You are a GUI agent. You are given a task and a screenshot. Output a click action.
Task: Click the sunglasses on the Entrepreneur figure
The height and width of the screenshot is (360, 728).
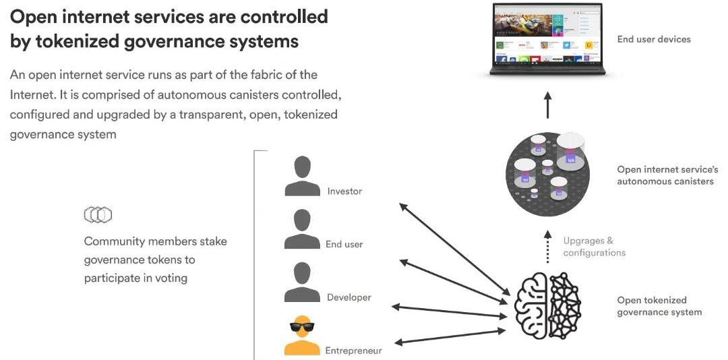click(302, 328)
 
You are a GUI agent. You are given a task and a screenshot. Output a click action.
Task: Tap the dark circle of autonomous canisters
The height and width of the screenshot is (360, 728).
click(547, 175)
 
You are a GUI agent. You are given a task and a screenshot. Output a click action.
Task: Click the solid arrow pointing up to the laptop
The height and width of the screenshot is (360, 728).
click(547, 105)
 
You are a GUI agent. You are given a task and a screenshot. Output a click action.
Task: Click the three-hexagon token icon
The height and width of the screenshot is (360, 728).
click(98, 215)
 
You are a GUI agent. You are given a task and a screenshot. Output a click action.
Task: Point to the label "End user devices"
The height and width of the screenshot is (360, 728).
click(654, 39)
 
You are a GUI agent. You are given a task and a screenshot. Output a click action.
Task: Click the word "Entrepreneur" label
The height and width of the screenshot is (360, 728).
click(353, 351)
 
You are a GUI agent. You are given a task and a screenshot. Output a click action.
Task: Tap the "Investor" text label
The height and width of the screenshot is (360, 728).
click(344, 191)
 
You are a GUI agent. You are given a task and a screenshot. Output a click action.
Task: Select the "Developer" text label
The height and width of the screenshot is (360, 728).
click(348, 297)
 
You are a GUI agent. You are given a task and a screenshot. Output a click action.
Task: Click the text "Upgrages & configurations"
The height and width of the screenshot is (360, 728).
click(594, 247)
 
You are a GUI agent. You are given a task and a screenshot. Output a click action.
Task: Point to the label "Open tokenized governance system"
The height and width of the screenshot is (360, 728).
click(659, 306)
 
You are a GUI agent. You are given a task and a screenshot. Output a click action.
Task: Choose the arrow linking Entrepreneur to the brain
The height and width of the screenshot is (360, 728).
click(449, 336)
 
